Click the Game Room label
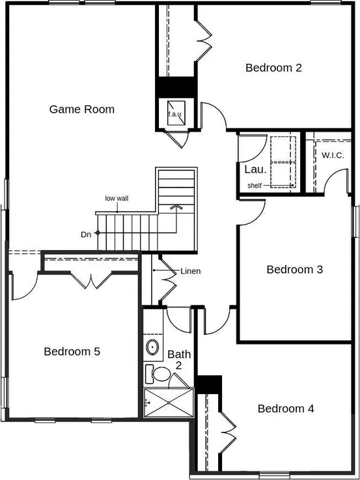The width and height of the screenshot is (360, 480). (x=81, y=109)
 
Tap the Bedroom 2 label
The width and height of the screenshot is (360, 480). (x=273, y=67)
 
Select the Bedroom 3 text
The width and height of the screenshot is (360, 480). (x=295, y=269)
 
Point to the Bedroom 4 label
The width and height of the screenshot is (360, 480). (x=286, y=408)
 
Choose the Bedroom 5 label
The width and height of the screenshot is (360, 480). (x=72, y=351)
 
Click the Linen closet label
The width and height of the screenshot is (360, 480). (x=190, y=271)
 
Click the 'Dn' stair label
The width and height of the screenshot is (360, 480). (x=85, y=233)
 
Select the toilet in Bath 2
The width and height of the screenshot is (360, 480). (x=155, y=374)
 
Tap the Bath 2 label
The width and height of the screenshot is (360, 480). (x=179, y=360)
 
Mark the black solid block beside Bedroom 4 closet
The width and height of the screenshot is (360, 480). (x=209, y=384)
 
